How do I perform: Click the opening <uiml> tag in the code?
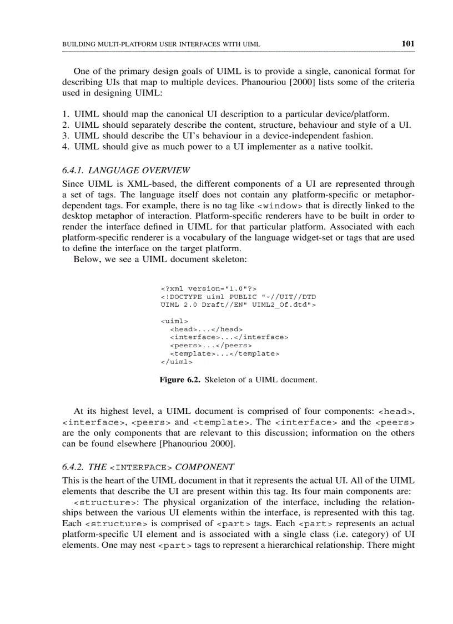[174, 321]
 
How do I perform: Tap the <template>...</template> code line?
[224, 353]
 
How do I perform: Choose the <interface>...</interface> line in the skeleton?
[229, 337]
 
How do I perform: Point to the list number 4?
[65, 147]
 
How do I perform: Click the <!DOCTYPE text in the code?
[181, 297]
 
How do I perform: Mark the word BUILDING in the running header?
[78, 44]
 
